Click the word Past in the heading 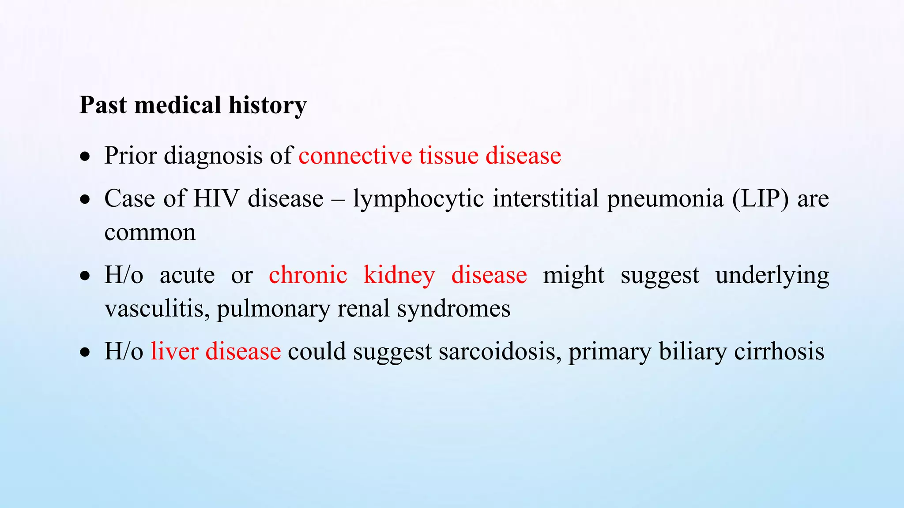(x=103, y=105)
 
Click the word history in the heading (x=267, y=105)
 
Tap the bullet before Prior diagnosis (x=85, y=157)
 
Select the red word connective (x=355, y=156)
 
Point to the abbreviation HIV (x=216, y=198)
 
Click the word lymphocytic (x=418, y=198)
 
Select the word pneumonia (x=665, y=198)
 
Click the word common (x=150, y=232)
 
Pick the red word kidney (x=399, y=275)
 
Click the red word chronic (x=308, y=275)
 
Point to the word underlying (x=772, y=275)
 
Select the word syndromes (x=454, y=308)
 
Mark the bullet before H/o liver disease (x=85, y=353)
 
